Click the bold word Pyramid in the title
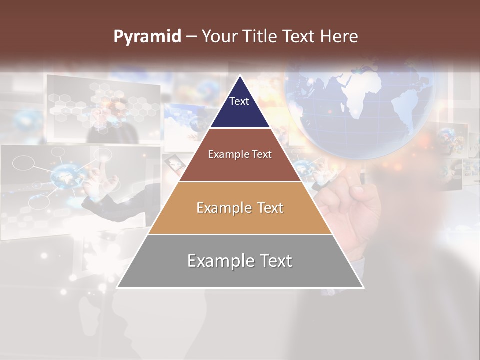[x=147, y=37]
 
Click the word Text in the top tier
[x=239, y=101]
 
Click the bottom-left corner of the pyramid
[x=117, y=287]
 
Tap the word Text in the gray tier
[x=274, y=261]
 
